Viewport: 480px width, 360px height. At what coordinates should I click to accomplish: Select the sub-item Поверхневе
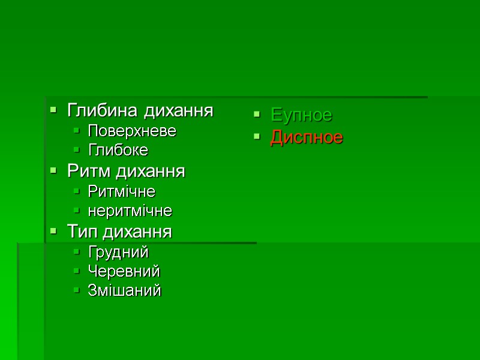tap(132, 131)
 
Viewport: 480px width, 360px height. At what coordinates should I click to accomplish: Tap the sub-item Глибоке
tap(118, 150)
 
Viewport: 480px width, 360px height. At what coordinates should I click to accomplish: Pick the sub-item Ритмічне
tap(122, 192)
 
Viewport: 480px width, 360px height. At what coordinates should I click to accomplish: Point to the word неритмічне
tap(130, 211)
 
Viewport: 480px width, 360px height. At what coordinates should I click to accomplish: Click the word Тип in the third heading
tap(81, 232)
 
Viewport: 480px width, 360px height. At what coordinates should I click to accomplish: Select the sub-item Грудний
tap(118, 252)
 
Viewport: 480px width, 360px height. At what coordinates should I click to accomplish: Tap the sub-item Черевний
tap(124, 271)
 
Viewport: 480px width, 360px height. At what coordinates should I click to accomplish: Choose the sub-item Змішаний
tap(125, 291)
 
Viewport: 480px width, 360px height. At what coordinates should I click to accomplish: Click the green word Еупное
tap(301, 114)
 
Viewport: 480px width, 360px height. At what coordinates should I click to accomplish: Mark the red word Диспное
tap(307, 137)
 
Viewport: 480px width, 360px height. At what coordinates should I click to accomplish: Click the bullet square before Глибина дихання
tap(53, 110)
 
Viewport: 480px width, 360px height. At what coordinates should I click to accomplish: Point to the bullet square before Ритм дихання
tap(53, 171)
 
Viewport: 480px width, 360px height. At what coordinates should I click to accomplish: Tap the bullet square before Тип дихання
tap(53, 231)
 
